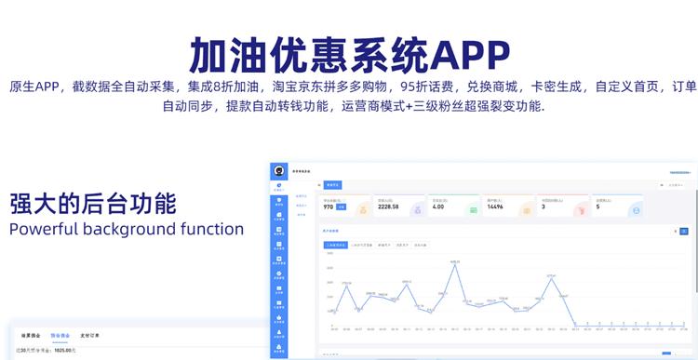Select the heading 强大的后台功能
click(92, 204)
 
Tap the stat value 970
click(329, 207)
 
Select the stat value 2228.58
click(389, 207)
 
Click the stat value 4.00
click(437, 207)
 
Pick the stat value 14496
click(495, 207)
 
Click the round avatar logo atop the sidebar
click(278, 170)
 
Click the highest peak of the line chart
click(455, 263)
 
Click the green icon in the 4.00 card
click(473, 210)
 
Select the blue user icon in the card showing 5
click(636, 210)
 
